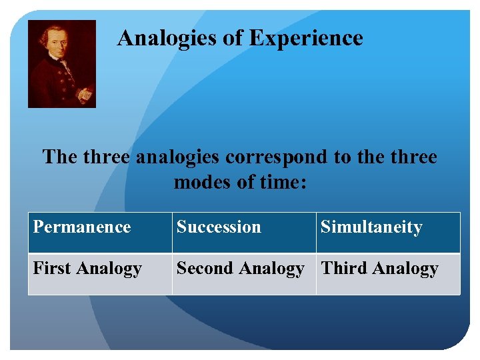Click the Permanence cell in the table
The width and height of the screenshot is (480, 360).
(82, 227)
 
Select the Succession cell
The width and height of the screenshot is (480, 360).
(219, 227)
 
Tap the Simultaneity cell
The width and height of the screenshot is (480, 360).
(371, 227)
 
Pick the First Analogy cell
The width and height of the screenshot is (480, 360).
(87, 269)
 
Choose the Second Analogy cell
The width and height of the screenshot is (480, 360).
(240, 269)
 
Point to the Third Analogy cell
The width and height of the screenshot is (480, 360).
(379, 269)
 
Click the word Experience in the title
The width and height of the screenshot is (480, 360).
(306, 38)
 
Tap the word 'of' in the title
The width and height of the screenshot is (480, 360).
(234, 38)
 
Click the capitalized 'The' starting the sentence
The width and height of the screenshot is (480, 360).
(60, 157)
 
